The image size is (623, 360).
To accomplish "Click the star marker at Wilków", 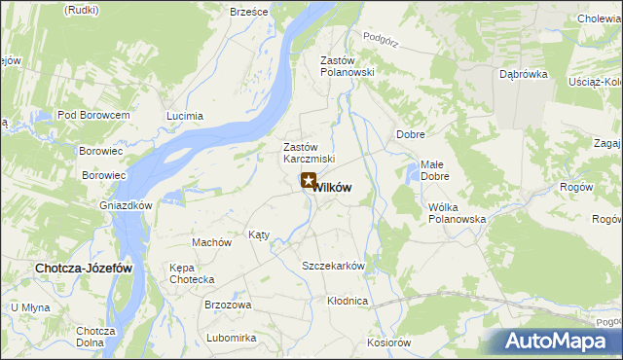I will tap(309, 180).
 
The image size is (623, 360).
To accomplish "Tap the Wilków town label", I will tap(333, 187).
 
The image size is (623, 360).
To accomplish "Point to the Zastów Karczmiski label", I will tap(309, 153).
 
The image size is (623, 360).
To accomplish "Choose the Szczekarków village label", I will tap(333, 266).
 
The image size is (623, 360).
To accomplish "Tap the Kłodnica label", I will tap(348, 301).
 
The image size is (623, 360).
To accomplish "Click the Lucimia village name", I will tap(185, 116).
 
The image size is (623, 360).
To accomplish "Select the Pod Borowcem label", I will tap(93, 115).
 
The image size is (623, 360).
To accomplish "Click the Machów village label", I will tap(211, 242).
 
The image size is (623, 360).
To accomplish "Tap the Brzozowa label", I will tap(228, 305).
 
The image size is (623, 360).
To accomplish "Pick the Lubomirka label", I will tap(231, 338).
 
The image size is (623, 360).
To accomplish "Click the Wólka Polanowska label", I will tap(457, 213).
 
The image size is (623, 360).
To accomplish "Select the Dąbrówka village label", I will tap(524, 74).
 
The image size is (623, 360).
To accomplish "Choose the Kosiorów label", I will tap(389, 342).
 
